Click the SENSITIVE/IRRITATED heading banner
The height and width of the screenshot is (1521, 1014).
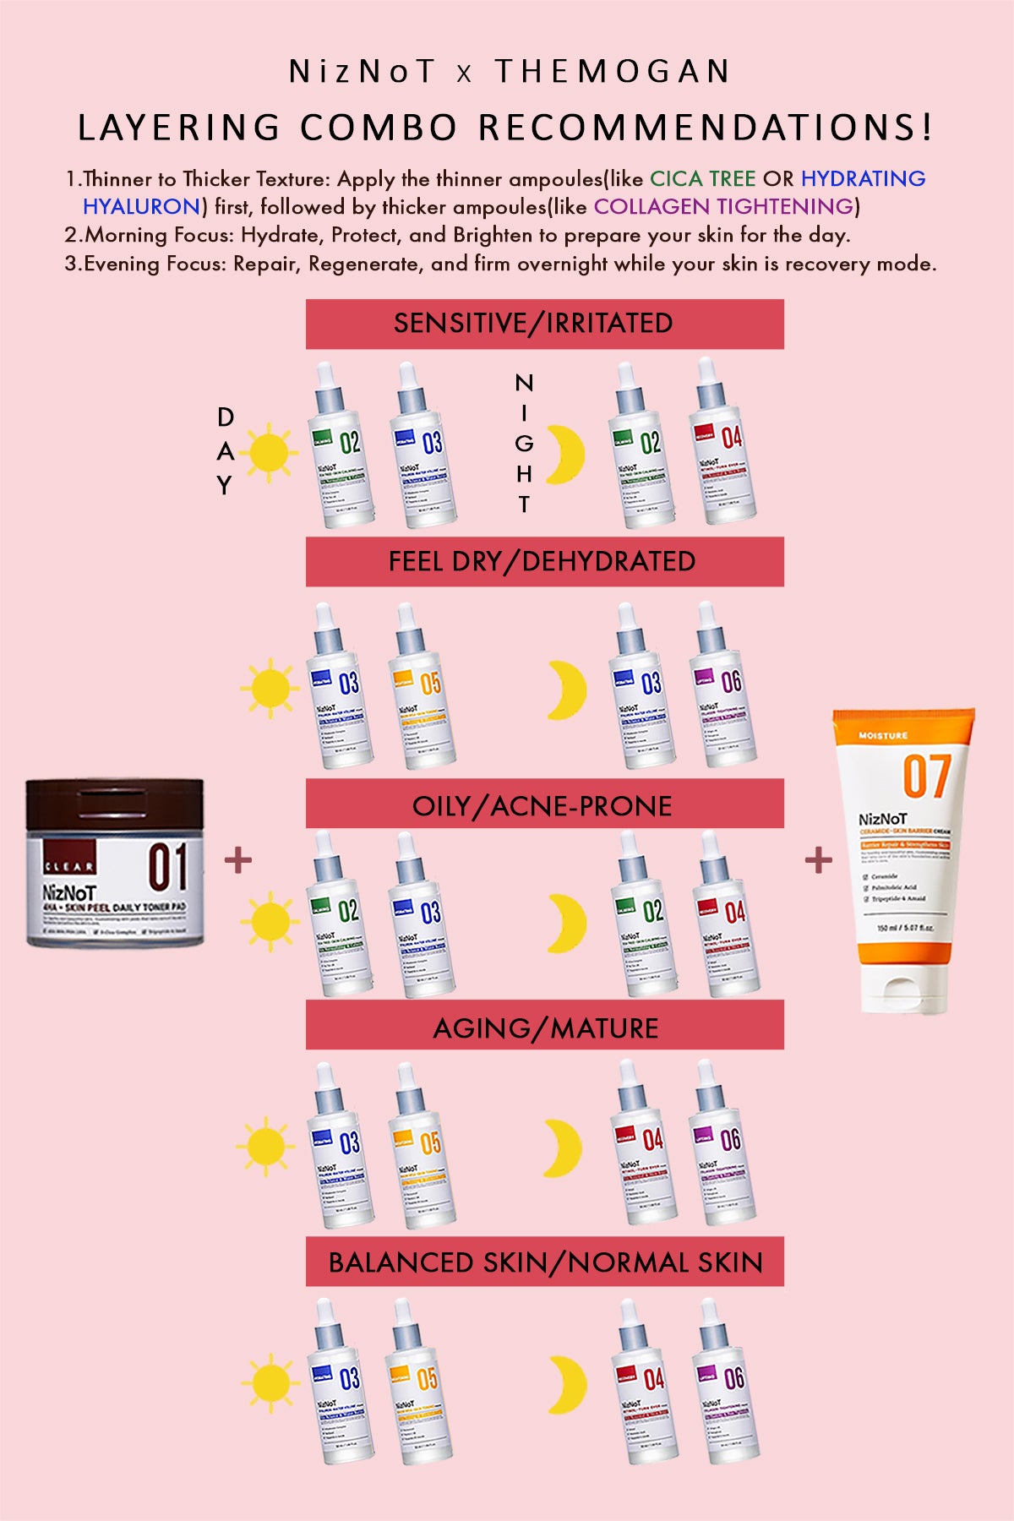point(544,324)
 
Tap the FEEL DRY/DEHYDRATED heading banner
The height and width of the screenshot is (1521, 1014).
point(544,562)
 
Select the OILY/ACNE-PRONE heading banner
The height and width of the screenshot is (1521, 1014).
point(544,805)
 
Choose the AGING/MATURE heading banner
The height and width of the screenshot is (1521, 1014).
point(544,1028)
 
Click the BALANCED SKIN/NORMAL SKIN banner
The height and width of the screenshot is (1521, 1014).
point(544,1262)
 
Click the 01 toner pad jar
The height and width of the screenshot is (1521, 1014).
point(115,862)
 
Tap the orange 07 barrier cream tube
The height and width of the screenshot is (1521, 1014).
point(904,845)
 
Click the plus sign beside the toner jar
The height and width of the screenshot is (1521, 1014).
point(238,860)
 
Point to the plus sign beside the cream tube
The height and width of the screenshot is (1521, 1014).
point(818,860)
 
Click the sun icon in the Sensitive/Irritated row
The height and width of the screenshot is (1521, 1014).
point(270,452)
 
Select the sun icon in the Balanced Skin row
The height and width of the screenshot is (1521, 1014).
point(270,1383)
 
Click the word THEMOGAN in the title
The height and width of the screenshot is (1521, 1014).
point(613,72)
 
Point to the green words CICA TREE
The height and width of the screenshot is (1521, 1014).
point(702,179)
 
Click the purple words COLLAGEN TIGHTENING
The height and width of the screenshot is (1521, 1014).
point(723,207)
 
